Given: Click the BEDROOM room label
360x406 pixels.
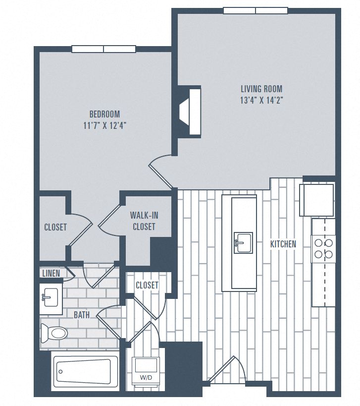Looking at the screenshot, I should [x=104, y=114].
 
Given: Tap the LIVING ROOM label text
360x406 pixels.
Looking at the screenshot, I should [x=261, y=89].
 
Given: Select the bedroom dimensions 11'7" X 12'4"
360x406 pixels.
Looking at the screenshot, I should [x=104, y=125].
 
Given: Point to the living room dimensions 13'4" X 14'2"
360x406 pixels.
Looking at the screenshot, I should [x=261, y=100].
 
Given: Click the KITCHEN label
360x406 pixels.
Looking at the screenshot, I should [x=283, y=244].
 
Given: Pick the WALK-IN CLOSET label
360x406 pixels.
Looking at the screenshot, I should [x=143, y=221].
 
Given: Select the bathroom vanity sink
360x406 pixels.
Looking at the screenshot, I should [x=50, y=297].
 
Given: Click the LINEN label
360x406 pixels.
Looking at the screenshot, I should [x=51, y=273].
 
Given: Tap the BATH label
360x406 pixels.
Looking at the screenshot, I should [x=82, y=315].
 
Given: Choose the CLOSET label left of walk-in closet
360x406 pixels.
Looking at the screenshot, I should [x=55, y=227].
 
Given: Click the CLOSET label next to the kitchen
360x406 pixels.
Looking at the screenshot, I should [x=147, y=285].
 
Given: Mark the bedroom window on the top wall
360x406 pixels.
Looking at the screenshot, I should [x=104, y=49].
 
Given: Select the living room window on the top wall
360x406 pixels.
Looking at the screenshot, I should [x=255, y=10].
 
